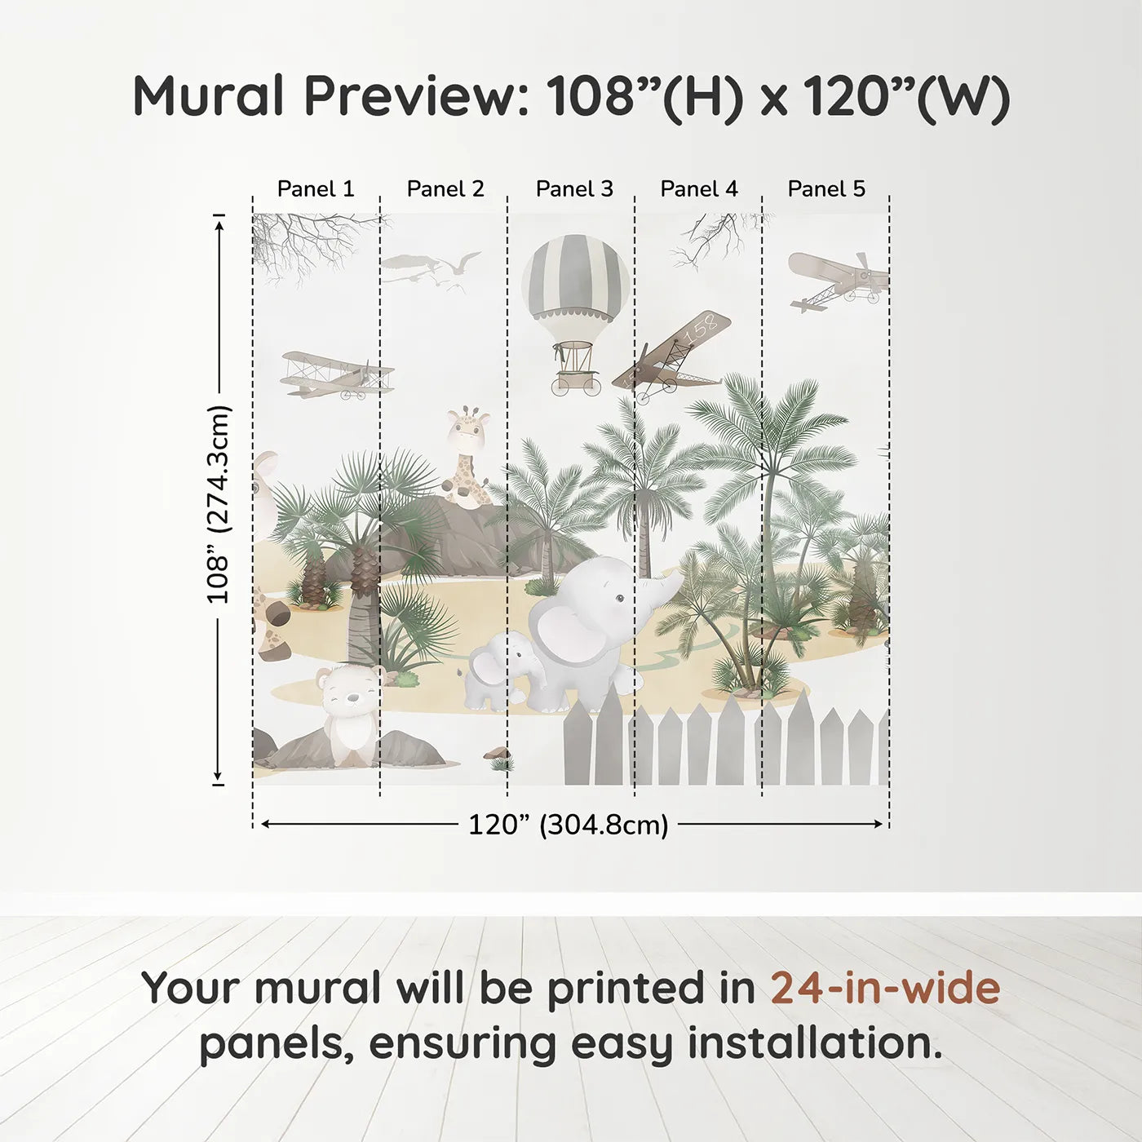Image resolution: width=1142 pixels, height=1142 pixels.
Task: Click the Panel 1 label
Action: [316, 189]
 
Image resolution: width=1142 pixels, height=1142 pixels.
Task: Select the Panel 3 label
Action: [574, 189]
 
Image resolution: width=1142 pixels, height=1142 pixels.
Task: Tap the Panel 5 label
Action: [826, 189]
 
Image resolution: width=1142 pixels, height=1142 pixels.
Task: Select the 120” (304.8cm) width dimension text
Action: [569, 825]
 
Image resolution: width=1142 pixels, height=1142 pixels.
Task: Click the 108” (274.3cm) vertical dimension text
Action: [218, 505]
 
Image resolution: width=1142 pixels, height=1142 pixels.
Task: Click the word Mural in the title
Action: [208, 95]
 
